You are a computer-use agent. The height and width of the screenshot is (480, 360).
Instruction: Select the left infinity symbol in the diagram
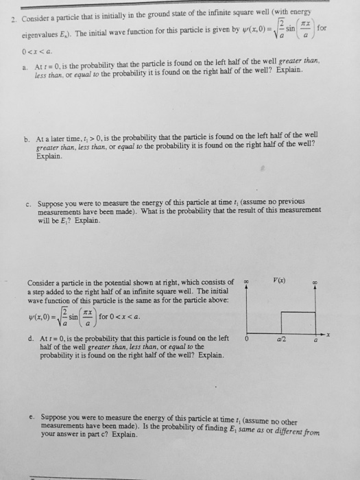[245, 281]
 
